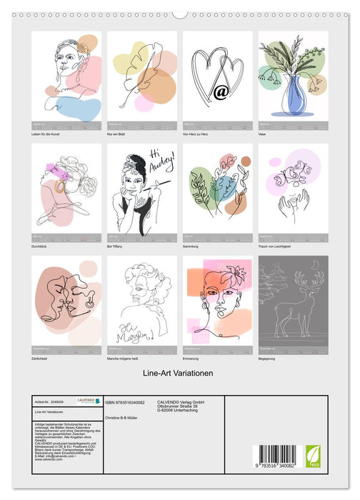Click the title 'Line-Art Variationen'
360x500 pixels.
click(x=179, y=372)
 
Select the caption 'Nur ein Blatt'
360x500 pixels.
click(x=119, y=134)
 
